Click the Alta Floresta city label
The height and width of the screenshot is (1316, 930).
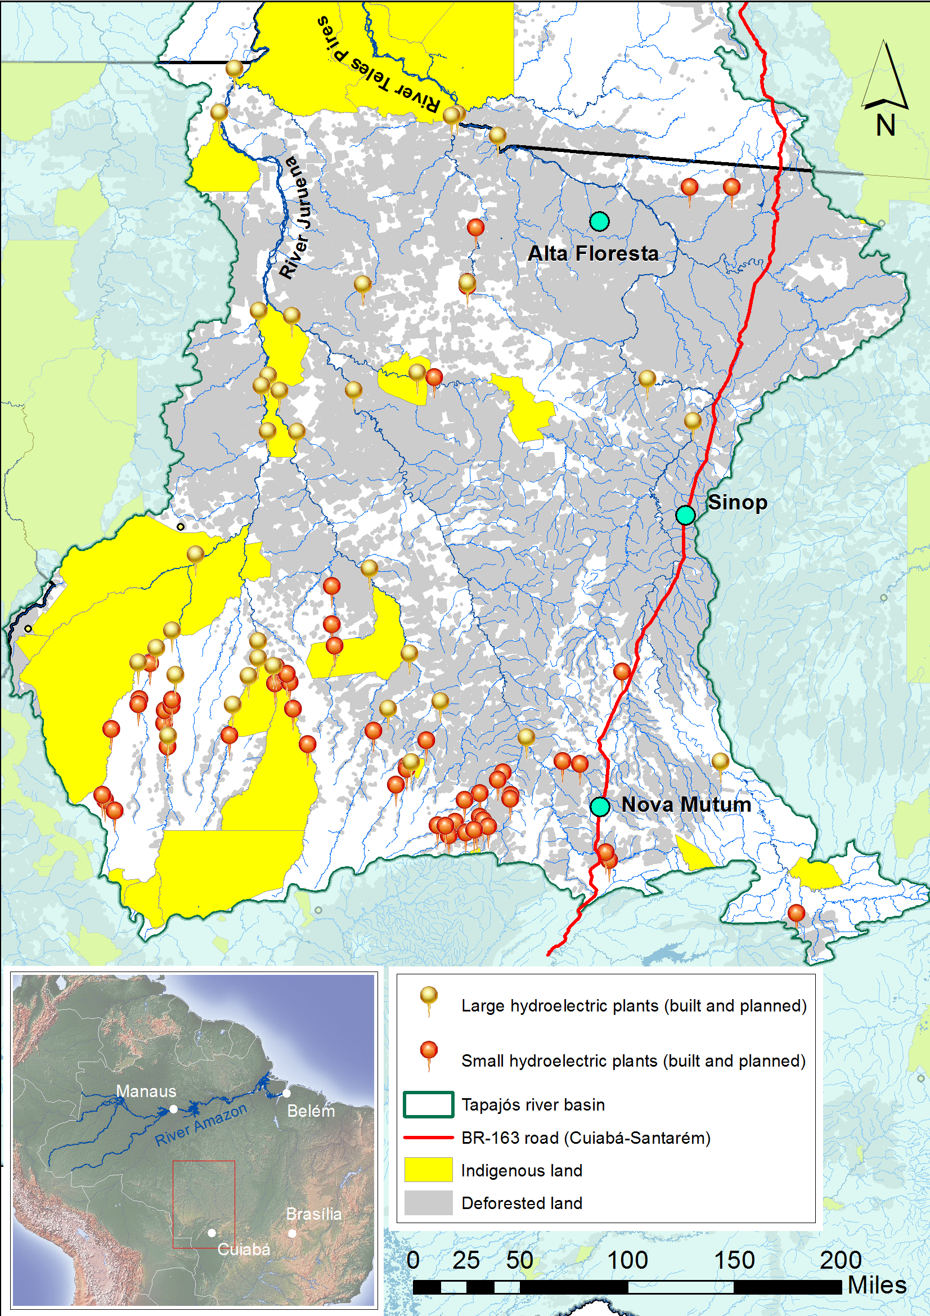pos(592,253)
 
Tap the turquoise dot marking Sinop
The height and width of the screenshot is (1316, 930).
pos(685,514)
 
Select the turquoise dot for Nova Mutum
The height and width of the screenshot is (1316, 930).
pos(600,807)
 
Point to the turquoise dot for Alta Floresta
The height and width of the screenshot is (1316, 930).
pos(599,221)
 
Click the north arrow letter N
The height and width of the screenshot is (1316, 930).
pos(886,126)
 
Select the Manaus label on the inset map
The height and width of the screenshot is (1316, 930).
pos(146,1091)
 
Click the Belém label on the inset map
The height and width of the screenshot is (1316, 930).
pos(311,1111)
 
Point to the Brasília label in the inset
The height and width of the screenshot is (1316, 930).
pos(313,1214)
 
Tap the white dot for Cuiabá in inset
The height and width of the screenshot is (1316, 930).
pos(212,1232)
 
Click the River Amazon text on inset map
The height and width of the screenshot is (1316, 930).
pos(200,1125)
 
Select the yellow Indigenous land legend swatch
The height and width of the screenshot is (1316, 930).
pos(428,1170)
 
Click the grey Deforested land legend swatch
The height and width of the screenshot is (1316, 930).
pos(428,1202)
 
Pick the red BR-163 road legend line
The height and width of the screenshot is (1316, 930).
pos(428,1137)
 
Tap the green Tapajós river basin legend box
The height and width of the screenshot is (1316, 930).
pos(428,1104)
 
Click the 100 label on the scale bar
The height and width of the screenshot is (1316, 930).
pos(627,1260)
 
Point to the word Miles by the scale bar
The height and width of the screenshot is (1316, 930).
pos(877,1284)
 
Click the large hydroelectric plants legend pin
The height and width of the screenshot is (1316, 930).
pos(429,999)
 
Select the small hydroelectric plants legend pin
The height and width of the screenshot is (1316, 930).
pos(429,1054)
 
